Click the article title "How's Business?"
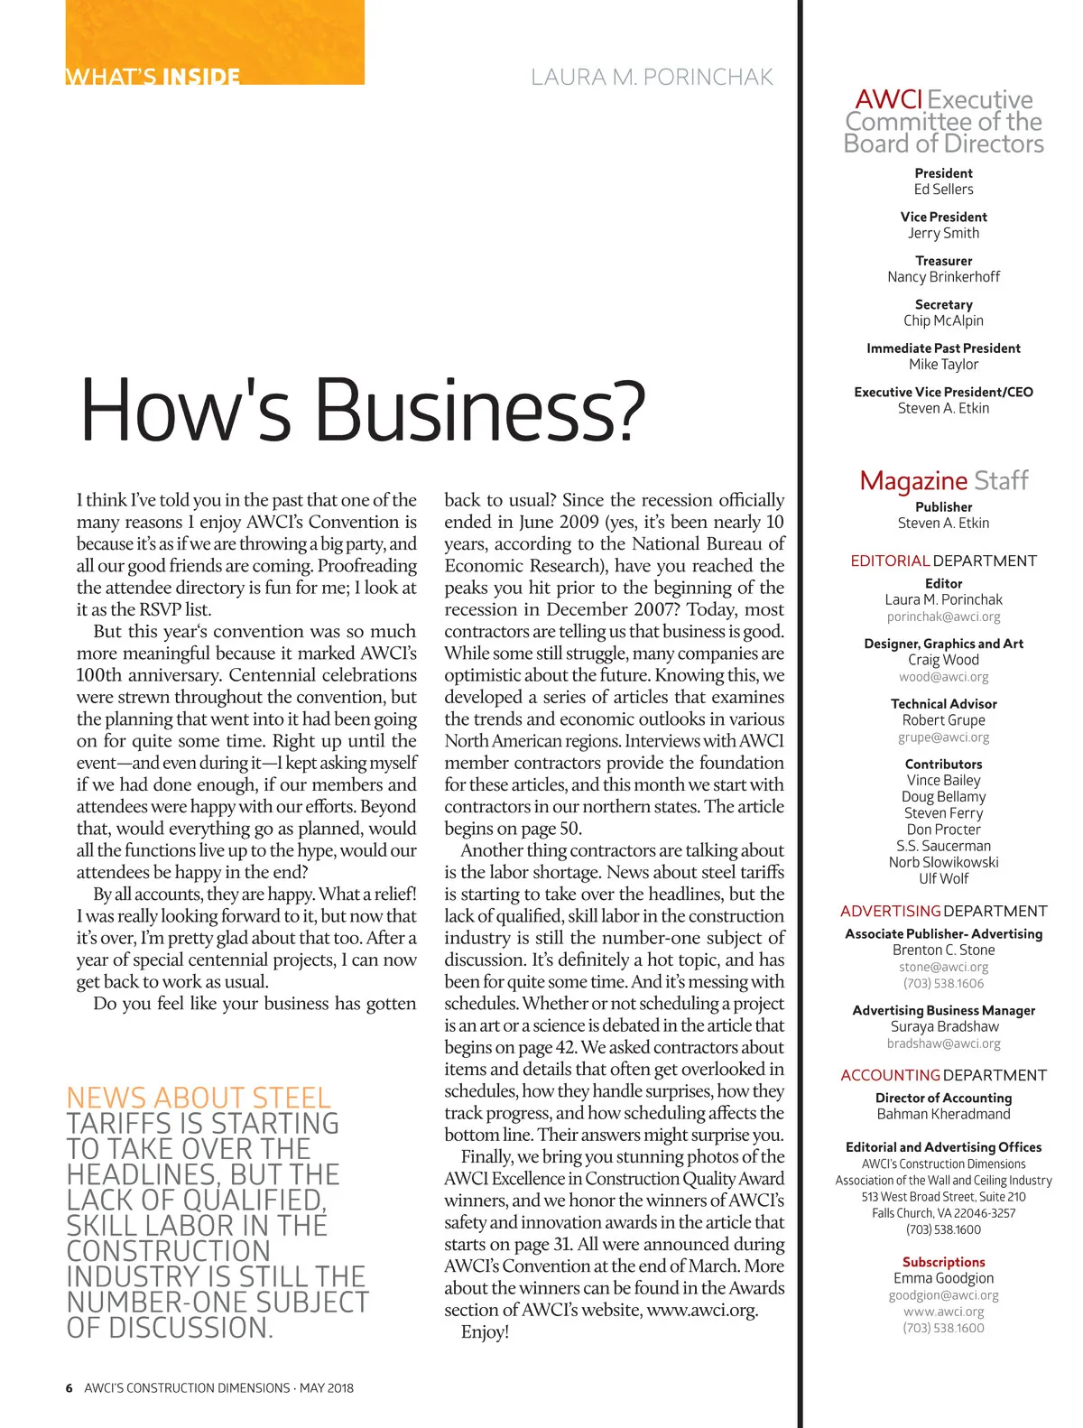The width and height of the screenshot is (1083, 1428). click(363, 410)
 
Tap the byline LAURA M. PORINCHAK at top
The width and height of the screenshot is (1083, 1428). click(652, 78)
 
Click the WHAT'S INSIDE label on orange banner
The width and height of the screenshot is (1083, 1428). click(153, 76)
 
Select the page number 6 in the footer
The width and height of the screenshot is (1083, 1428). click(69, 1388)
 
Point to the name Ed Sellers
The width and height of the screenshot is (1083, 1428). click(943, 190)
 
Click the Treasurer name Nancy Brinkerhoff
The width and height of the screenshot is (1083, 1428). click(943, 277)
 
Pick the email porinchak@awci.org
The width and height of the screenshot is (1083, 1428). click(943, 617)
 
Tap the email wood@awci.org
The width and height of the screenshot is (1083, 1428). click(943, 677)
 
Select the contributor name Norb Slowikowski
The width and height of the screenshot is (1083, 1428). click(943, 862)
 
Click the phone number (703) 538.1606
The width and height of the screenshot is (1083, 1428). click(943, 984)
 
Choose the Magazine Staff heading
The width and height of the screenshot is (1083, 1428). click(943, 480)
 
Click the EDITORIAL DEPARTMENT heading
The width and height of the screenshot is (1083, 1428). click(943, 561)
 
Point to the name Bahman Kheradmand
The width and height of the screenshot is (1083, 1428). click(943, 1114)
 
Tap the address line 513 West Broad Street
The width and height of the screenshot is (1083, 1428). click(943, 1197)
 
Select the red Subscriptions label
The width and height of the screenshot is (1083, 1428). click(943, 1262)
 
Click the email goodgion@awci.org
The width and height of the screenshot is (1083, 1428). click(943, 1295)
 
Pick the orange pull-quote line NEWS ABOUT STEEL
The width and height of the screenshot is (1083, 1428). click(199, 1098)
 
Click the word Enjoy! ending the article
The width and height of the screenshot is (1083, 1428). click(485, 1332)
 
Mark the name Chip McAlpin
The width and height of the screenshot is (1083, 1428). click(943, 320)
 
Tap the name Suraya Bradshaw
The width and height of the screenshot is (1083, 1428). click(943, 1026)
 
